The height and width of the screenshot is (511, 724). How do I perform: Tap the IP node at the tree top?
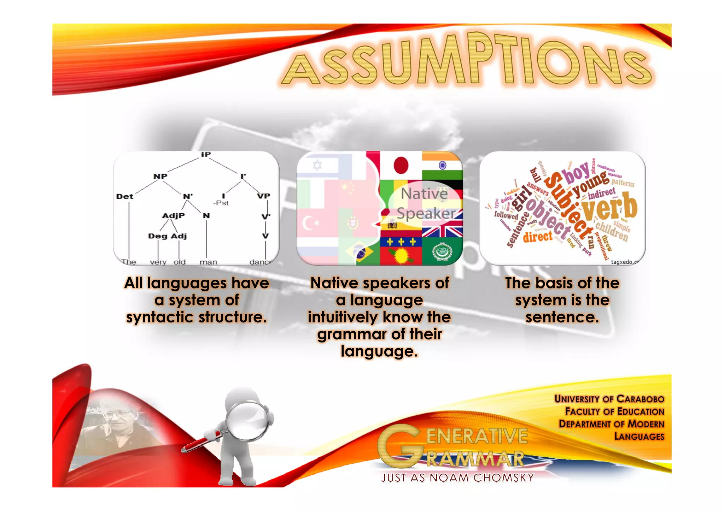click(206, 154)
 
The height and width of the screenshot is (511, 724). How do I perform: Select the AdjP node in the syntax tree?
click(173, 215)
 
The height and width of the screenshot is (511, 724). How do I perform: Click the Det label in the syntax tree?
click(125, 196)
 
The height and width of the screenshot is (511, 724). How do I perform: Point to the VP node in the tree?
click(263, 196)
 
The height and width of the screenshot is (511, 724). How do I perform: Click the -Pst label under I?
click(221, 203)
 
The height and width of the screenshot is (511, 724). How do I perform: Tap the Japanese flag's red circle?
click(401, 165)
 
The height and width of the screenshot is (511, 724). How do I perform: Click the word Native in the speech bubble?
click(424, 194)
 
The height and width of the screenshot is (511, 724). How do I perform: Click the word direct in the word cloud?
click(537, 236)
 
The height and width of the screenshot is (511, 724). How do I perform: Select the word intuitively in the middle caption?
click(343, 317)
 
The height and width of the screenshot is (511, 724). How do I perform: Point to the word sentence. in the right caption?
click(562, 317)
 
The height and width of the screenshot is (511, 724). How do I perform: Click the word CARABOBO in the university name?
click(640, 399)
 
